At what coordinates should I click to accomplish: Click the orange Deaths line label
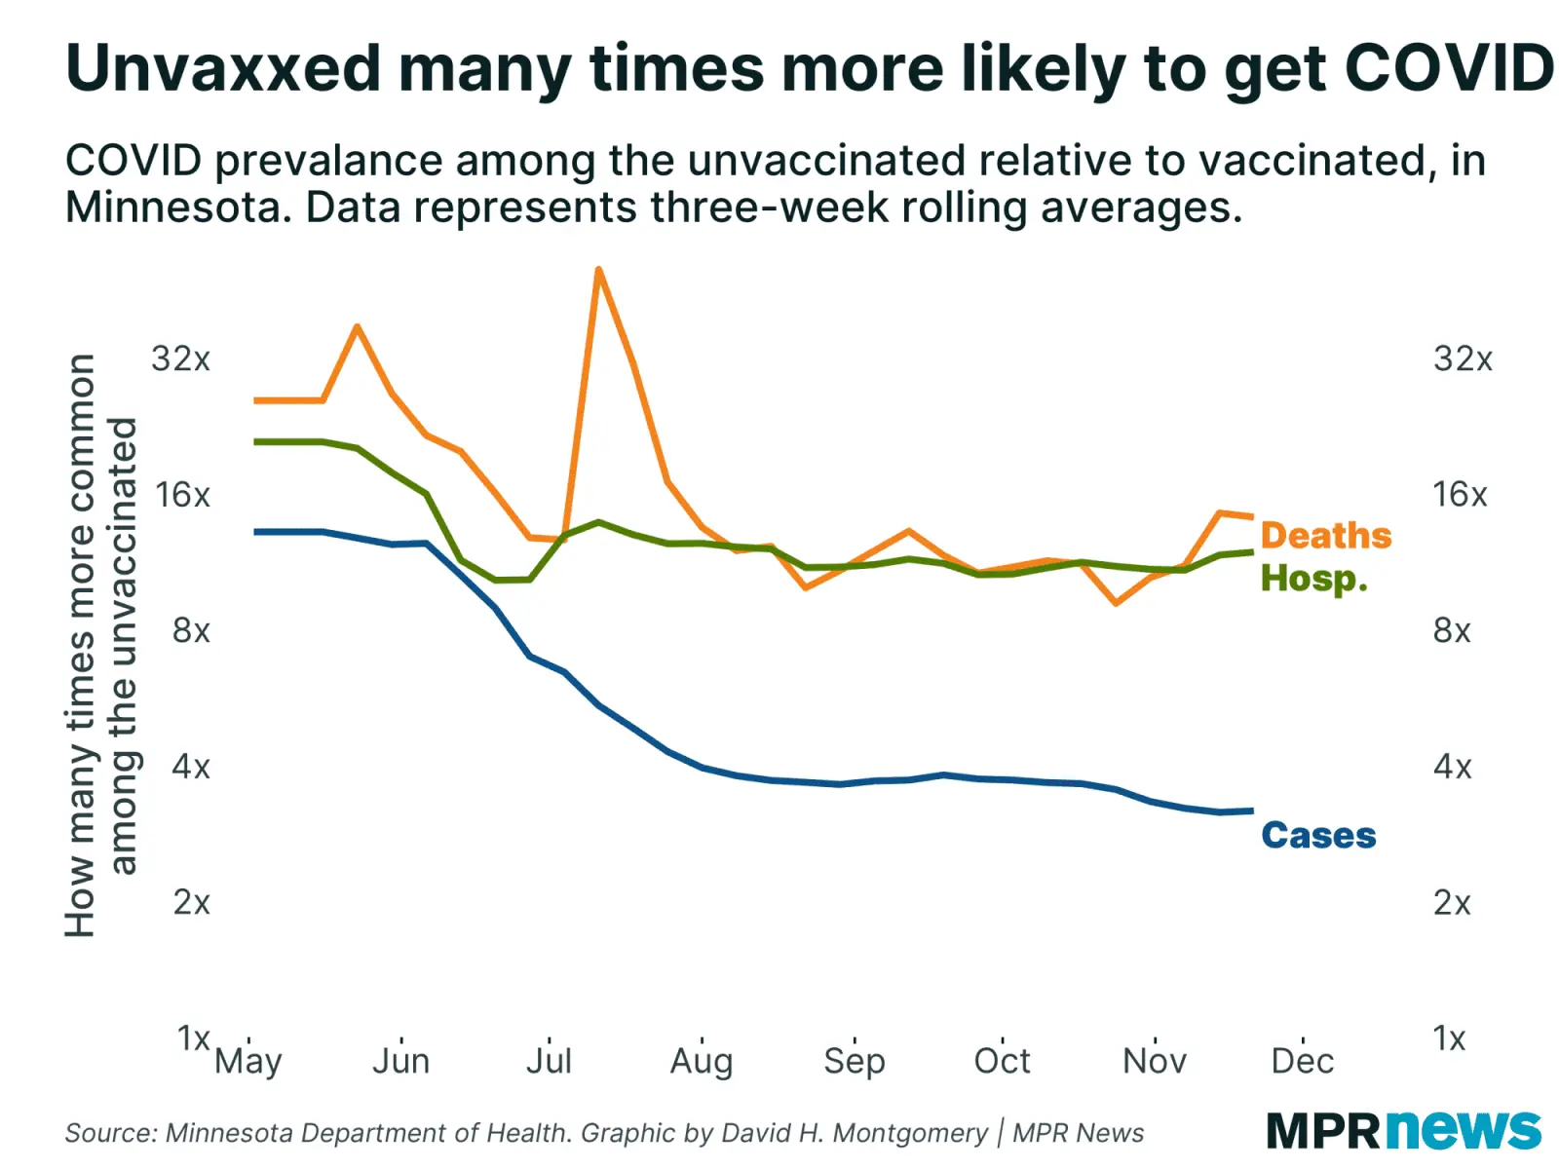coord(1325,536)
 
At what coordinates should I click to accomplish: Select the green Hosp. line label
coord(1313,579)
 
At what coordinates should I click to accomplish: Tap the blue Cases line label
coord(1318,836)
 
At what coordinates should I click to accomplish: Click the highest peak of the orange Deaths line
coord(598,270)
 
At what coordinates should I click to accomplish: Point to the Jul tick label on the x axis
coord(549,1060)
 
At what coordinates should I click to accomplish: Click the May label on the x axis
coord(248,1060)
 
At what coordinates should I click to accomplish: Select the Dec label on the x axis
coord(1303,1060)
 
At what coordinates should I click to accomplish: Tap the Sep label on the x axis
coord(855,1060)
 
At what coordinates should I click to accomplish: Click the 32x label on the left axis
coord(181,358)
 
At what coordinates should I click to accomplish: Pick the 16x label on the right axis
coord(1460,495)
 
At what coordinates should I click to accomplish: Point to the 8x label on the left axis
coord(191,631)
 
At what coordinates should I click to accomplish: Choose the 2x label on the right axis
coord(1452,903)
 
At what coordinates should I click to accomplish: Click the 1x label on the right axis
coord(1450,1038)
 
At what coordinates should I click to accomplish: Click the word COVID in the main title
coord(1448,70)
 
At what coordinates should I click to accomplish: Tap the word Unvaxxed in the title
coord(223,70)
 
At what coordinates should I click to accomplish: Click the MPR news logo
coord(1403,1131)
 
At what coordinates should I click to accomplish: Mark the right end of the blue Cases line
coord(1252,811)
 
